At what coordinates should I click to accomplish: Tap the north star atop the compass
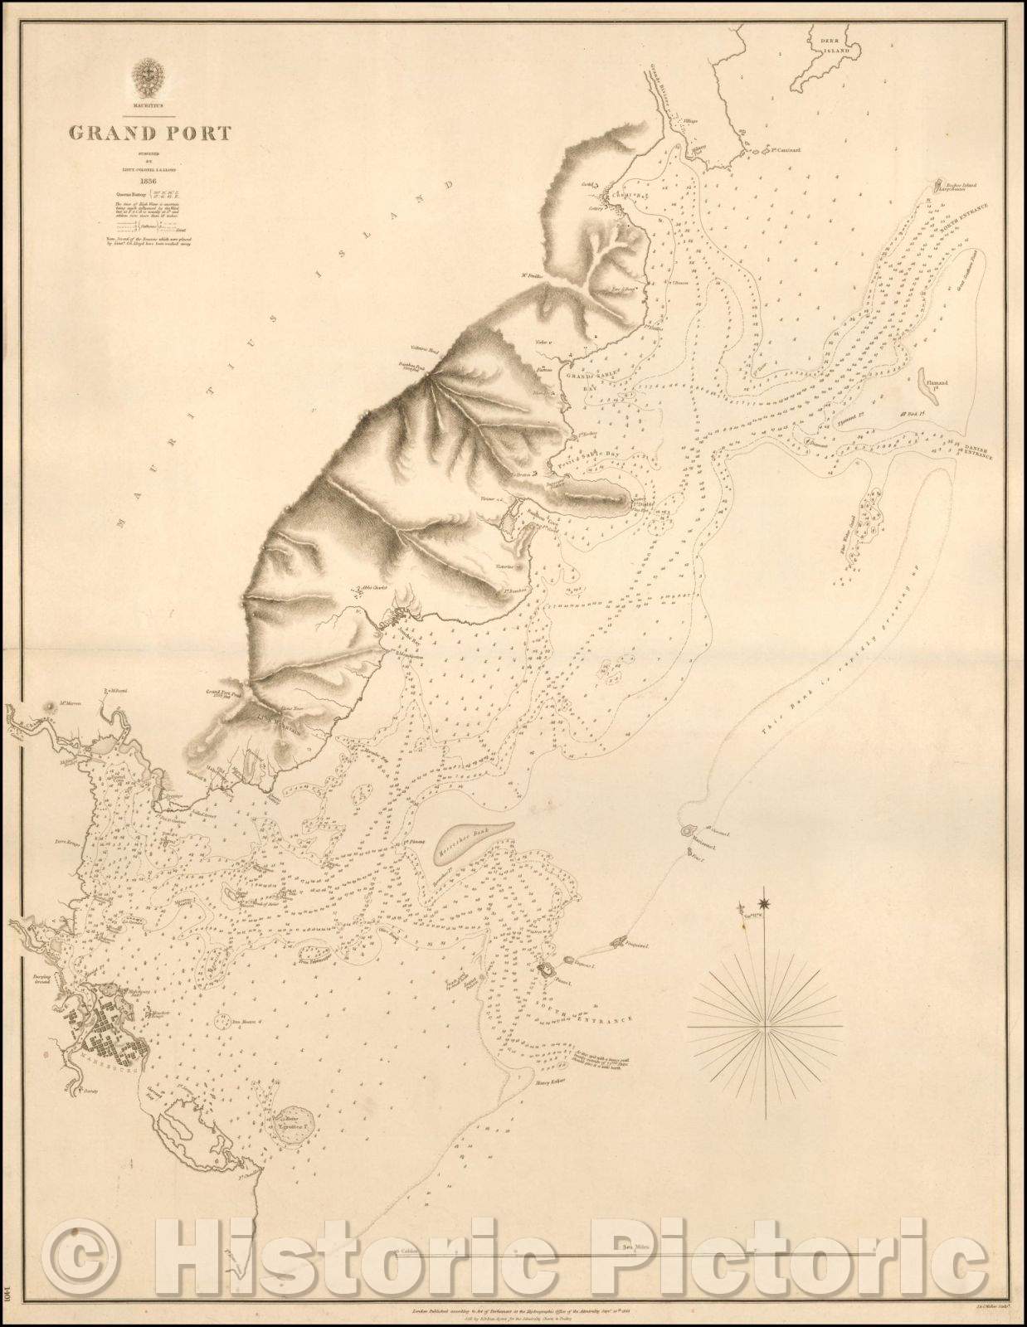pos(763,902)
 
